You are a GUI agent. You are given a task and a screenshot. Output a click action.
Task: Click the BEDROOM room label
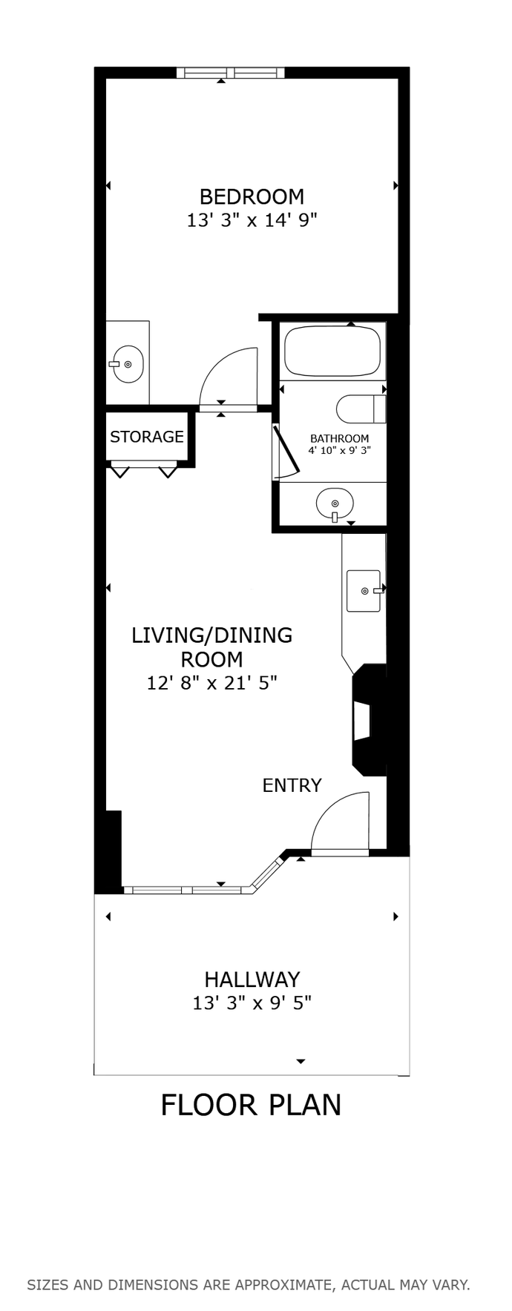252,197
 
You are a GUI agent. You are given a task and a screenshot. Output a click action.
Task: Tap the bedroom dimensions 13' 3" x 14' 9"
252,220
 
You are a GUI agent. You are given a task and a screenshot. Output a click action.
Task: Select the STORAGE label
146,437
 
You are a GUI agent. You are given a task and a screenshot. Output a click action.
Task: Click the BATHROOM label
339,438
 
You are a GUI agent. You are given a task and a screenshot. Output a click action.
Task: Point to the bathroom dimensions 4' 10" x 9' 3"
339,449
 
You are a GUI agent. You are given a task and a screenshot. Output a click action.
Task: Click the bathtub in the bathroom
333,351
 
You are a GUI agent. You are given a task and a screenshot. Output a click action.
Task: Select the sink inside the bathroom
335,504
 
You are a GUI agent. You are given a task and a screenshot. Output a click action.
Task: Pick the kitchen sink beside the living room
364,591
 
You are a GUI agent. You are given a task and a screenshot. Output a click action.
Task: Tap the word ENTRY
292,785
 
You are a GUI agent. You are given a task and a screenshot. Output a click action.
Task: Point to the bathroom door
286,451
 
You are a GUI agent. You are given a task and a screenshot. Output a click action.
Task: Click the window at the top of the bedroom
231,73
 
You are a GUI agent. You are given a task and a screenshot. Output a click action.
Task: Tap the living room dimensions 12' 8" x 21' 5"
211,683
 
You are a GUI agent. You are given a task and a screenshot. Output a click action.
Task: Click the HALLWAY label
252,980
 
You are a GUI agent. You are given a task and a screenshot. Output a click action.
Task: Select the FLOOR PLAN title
251,1105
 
